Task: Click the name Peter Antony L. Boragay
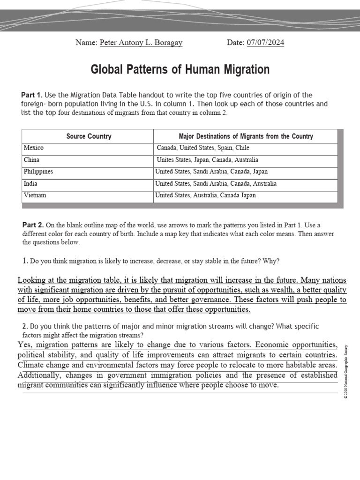click(x=141, y=43)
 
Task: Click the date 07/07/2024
click(x=265, y=43)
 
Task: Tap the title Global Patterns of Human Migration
click(x=180, y=70)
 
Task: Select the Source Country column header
click(x=89, y=136)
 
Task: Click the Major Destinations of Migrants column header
click(x=246, y=136)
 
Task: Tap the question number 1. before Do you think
click(x=25, y=261)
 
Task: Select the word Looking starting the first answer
click(x=32, y=280)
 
